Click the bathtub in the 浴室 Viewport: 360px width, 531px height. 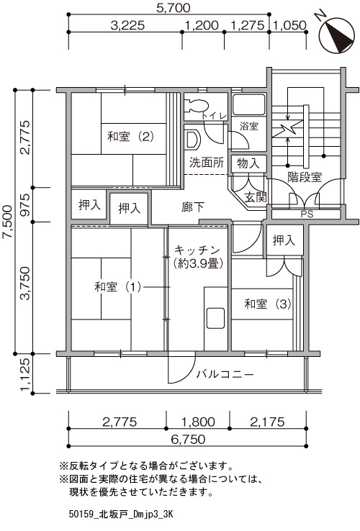[x=248, y=104]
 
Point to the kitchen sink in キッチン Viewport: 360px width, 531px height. [x=215, y=318]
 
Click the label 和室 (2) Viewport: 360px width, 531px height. [x=131, y=137]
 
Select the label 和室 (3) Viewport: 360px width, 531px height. [x=268, y=304]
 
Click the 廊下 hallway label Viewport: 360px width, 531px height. [x=193, y=207]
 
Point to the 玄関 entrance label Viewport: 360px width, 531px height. [x=256, y=197]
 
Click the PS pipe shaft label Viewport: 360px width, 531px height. [x=307, y=214]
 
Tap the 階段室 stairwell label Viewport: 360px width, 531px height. [x=305, y=177]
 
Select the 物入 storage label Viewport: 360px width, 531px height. [x=248, y=163]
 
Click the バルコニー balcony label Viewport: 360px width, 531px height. [x=225, y=374]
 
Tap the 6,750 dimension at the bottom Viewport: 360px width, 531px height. [x=188, y=439]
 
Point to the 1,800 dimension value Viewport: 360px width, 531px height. [x=198, y=422]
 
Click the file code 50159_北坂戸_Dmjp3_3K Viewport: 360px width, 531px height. [x=121, y=514]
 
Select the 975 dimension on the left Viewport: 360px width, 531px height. [x=26, y=205]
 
